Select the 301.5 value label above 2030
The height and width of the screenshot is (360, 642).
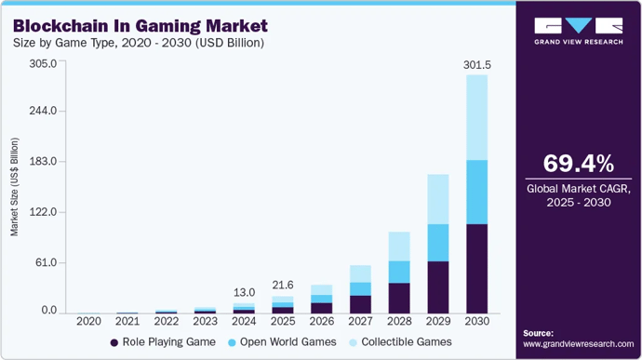click(x=476, y=65)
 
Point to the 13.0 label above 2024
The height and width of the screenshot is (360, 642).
click(x=243, y=292)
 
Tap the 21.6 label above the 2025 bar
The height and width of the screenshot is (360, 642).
click(x=282, y=284)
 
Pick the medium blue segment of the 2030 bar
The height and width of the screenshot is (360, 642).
click(x=476, y=192)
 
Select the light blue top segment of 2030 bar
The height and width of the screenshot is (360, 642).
click(x=476, y=117)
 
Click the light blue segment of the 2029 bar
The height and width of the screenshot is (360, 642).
click(x=437, y=199)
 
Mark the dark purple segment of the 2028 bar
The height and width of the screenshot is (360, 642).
click(x=398, y=298)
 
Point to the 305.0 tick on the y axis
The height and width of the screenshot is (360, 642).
click(x=43, y=63)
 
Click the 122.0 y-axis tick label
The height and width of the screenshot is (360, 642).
click(x=43, y=212)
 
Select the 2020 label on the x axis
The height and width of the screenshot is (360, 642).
click(x=88, y=322)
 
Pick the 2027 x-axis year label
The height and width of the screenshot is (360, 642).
click(x=360, y=322)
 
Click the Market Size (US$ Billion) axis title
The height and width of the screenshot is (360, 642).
click(x=15, y=186)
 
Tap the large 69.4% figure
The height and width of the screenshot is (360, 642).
click(x=578, y=165)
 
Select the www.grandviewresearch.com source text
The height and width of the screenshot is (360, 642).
click(x=577, y=343)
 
